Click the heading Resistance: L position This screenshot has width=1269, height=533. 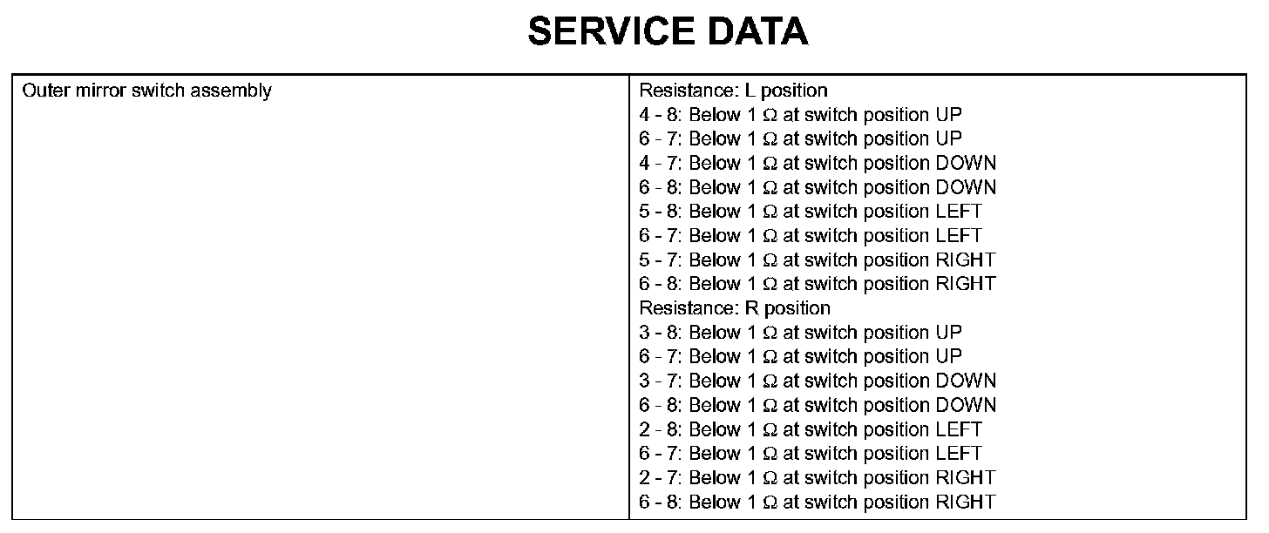(733, 91)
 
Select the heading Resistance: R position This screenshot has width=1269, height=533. (735, 308)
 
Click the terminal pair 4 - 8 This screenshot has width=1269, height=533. (661, 115)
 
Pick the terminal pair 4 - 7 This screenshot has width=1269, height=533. (661, 163)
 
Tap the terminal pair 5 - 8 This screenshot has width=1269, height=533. (661, 212)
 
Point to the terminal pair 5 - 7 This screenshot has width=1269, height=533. (661, 260)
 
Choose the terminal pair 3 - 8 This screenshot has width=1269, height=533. (661, 333)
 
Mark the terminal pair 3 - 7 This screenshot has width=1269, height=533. (661, 381)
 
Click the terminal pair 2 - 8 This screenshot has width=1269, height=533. (661, 429)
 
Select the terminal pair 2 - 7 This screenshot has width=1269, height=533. (661, 477)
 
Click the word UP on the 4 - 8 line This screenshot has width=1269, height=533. (948, 115)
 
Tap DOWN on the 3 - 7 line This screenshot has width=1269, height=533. (965, 381)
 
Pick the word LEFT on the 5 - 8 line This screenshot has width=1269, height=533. (958, 212)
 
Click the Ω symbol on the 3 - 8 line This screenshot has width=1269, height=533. (770, 333)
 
